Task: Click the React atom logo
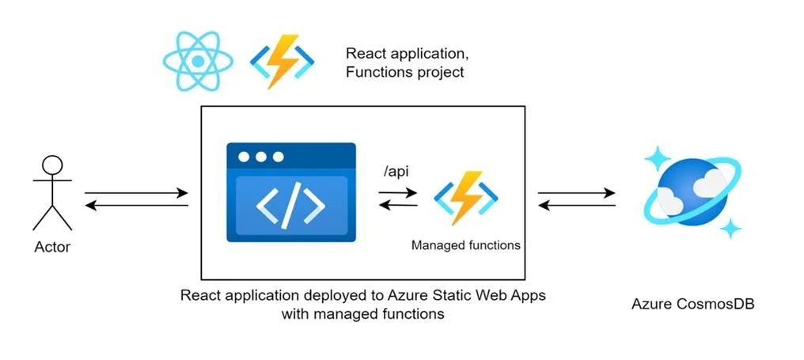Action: (x=198, y=62)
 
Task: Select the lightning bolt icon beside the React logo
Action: (x=283, y=62)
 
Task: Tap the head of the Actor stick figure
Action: (x=52, y=166)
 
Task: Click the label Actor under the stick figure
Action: (x=52, y=248)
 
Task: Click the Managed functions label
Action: (x=465, y=245)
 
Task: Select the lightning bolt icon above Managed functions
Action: (x=466, y=199)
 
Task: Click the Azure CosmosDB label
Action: (x=692, y=304)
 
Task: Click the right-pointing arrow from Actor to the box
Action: (x=136, y=193)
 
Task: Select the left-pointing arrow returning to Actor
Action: (x=136, y=206)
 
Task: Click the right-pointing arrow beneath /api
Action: (x=398, y=193)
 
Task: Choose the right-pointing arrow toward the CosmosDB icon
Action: (x=576, y=193)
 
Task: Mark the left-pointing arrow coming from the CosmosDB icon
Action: (x=576, y=206)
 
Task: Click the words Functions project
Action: (x=405, y=72)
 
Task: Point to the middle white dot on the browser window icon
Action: (x=261, y=157)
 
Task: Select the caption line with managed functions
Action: (x=362, y=313)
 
